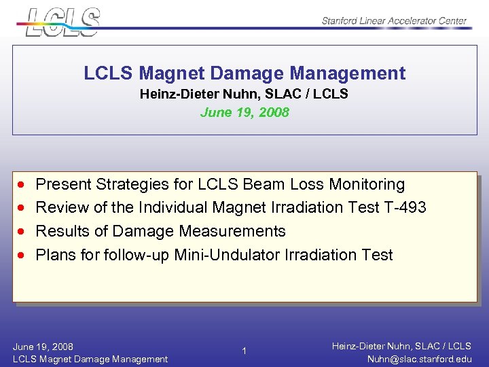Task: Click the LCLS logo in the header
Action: coord(62,21)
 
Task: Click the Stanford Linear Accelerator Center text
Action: coord(394,20)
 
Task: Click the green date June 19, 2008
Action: coord(244,112)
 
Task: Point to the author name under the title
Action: coord(244,94)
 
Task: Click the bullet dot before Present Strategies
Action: coord(23,185)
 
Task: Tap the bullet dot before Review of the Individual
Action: coord(23,208)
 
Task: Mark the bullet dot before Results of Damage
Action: coord(23,232)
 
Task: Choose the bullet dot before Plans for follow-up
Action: coord(23,256)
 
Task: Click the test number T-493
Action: coord(405,207)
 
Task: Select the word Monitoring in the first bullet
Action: coord(369,184)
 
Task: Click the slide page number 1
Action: coord(244,351)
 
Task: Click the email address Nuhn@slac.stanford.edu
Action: coord(418,359)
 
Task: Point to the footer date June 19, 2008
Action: coord(43,347)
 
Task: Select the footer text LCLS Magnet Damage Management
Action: coord(90,359)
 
